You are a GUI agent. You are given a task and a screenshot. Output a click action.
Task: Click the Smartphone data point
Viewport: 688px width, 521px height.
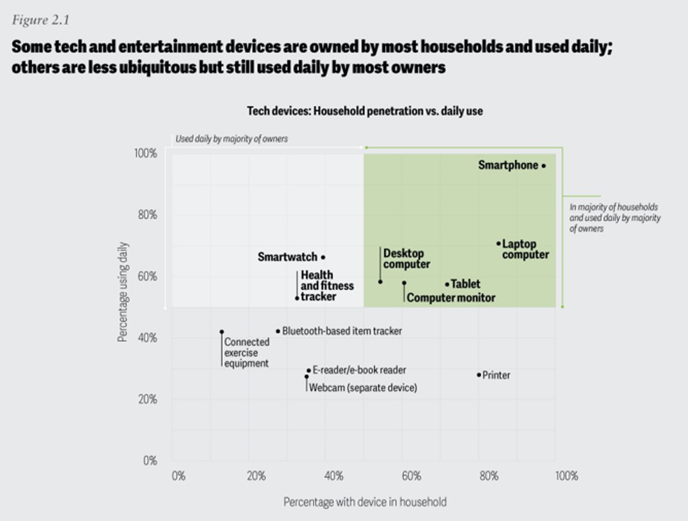coord(543,166)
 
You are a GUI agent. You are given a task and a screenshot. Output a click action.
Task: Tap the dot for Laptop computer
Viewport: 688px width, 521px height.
coord(498,243)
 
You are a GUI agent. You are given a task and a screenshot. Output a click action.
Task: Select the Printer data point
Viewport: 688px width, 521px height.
coord(479,375)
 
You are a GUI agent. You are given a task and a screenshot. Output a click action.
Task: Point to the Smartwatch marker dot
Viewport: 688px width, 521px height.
coord(323,257)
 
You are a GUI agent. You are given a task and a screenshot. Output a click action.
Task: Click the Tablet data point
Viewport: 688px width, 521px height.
coord(446,284)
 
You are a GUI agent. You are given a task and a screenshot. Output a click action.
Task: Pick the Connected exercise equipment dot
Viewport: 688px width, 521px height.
coord(222,332)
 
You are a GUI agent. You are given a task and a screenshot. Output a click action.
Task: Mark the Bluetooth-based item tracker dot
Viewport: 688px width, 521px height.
coord(278,331)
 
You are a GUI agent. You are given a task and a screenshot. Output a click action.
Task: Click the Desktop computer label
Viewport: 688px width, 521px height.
coord(406,259)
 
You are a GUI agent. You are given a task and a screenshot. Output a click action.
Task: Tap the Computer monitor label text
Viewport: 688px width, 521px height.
coord(451,298)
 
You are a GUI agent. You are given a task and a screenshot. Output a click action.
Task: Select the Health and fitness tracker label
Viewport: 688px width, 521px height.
coord(327,286)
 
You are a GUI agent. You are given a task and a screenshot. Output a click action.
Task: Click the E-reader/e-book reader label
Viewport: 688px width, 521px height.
coord(359,370)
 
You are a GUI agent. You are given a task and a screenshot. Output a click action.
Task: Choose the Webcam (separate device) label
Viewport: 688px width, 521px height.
coord(362,387)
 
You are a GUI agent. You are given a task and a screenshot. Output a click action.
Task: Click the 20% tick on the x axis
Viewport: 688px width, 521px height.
coord(256,476)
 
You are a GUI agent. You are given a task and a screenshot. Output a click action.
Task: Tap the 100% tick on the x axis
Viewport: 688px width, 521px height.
coord(566,476)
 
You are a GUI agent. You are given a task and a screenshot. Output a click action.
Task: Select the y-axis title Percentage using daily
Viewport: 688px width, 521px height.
coord(123,292)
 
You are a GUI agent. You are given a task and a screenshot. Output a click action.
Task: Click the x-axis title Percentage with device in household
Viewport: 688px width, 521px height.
coord(365,502)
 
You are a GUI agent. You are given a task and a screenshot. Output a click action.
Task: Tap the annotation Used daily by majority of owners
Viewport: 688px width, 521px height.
coord(232,139)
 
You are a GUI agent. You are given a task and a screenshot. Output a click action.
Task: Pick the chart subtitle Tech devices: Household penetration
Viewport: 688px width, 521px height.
coord(365,111)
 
